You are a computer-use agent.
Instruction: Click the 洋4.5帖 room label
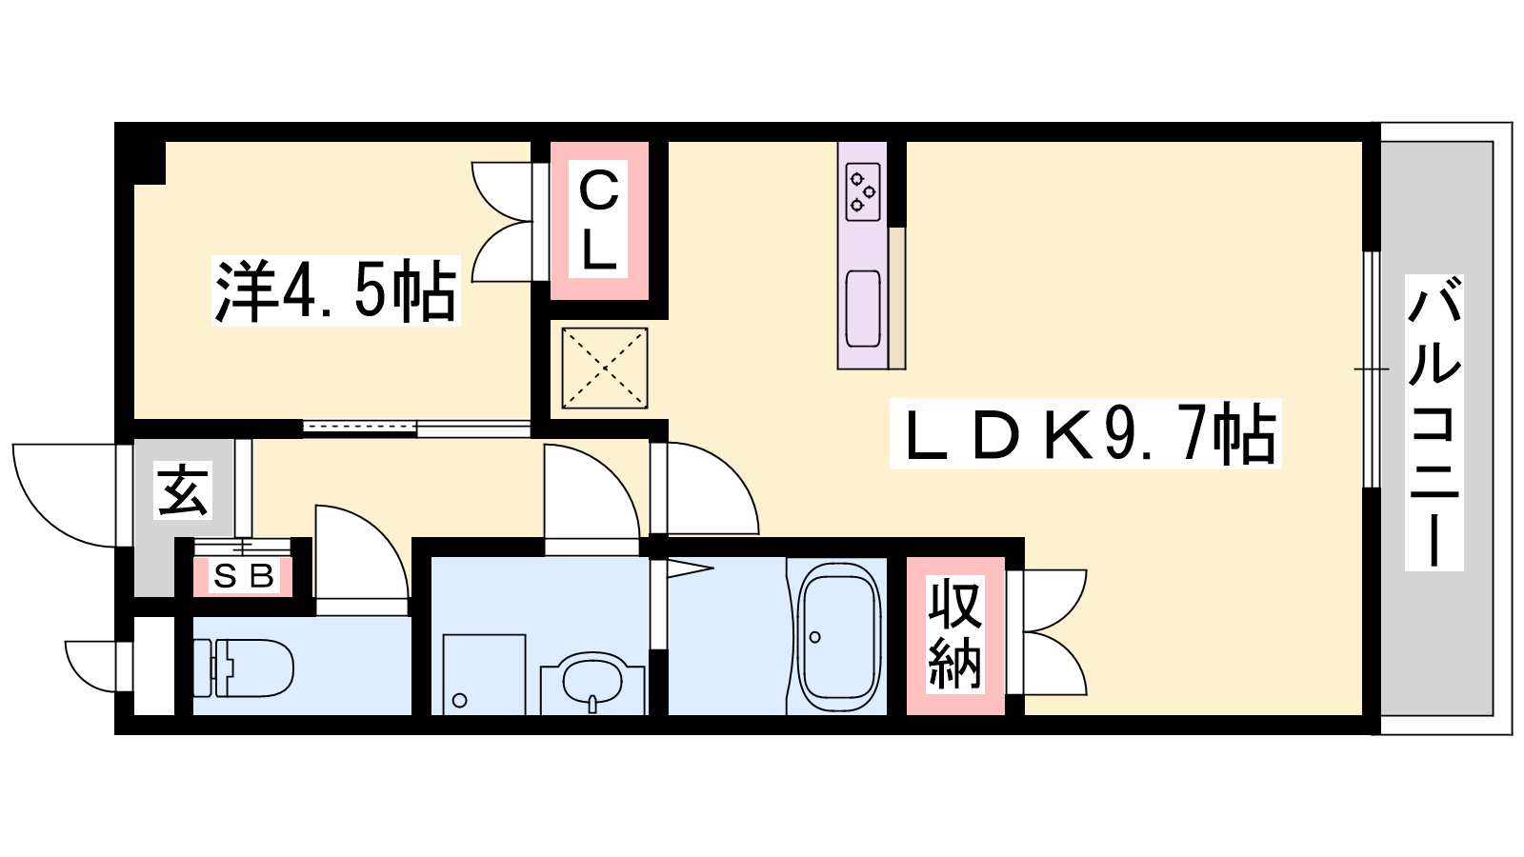pyautogui.click(x=335, y=290)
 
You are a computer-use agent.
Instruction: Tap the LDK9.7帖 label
pyautogui.click(x=1085, y=434)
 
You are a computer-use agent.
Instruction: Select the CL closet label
pyautogui.click(x=598, y=219)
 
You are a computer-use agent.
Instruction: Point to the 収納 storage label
pyautogui.click(x=955, y=634)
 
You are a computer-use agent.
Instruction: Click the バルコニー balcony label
pyautogui.click(x=1434, y=423)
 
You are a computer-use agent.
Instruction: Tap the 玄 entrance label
pyautogui.click(x=182, y=490)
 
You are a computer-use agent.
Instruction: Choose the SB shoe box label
pyautogui.click(x=244, y=577)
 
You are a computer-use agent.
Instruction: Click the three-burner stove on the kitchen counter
pyautogui.click(x=863, y=191)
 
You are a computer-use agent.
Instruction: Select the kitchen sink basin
pyautogui.click(x=863, y=309)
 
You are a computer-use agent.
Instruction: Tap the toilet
pyautogui.click(x=244, y=668)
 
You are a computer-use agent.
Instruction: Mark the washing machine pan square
pyautogui.click(x=484, y=675)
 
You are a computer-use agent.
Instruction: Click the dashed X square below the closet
pyautogui.click(x=604, y=368)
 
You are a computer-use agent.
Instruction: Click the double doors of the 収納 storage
pyautogui.click(x=1047, y=632)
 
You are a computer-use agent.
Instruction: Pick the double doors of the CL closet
pyautogui.click(x=501, y=221)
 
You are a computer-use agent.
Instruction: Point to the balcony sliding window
pyautogui.click(x=1371, y=369)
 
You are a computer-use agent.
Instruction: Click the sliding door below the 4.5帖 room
pyautogui.click(x=416, y=428)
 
